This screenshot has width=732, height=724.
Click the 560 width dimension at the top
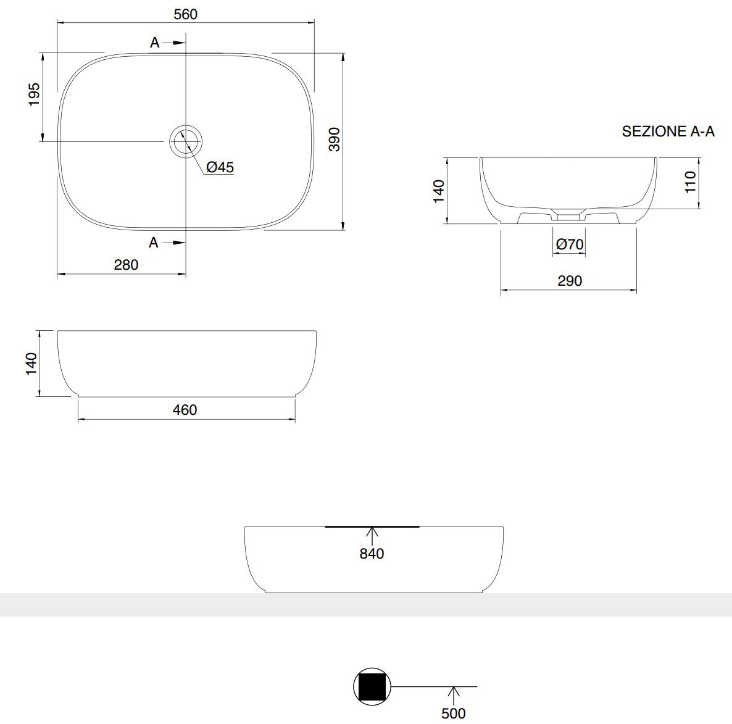pyautogui.click(x=185, y=14)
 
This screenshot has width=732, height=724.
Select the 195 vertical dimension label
pyautogui.click(x=34, y=95)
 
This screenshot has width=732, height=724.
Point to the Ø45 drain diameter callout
pyautogui.click(x=220, y=167)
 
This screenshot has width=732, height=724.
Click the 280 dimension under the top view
pyautogui.click(x=126, y=265)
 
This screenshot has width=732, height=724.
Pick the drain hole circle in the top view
pyautogui.click(x=185, y=142)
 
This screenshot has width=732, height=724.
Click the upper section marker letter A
pyautogui.click(x=155, y=43)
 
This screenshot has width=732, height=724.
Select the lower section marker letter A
pyautogui.click(x=154, y=243)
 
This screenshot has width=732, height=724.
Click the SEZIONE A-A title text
pyautogui.click(x=668, y=131)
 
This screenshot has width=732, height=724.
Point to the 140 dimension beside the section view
pyautogui.click(x=439, y=191)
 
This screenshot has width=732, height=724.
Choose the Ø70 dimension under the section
pyautogui.click(x=569, y=244)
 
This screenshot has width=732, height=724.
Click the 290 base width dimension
pyautogui.click(x=569, y=281)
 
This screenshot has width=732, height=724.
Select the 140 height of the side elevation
pyautogui.click(x=31, y=364)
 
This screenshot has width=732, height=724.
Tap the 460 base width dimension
pyautogui.click(x=185, y=410)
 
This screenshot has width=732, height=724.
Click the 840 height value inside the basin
pyautogui.click(x=372, y=554)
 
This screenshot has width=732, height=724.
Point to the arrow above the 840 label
pyautogui.click(x=372, y=535)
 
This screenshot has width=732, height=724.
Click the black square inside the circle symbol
pyautogui.click(x=373, y=686)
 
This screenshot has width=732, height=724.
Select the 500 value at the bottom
pyautogui.click(x=454, y=714)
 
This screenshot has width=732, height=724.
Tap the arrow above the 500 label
pyautogui.click(x=454, y=694)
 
